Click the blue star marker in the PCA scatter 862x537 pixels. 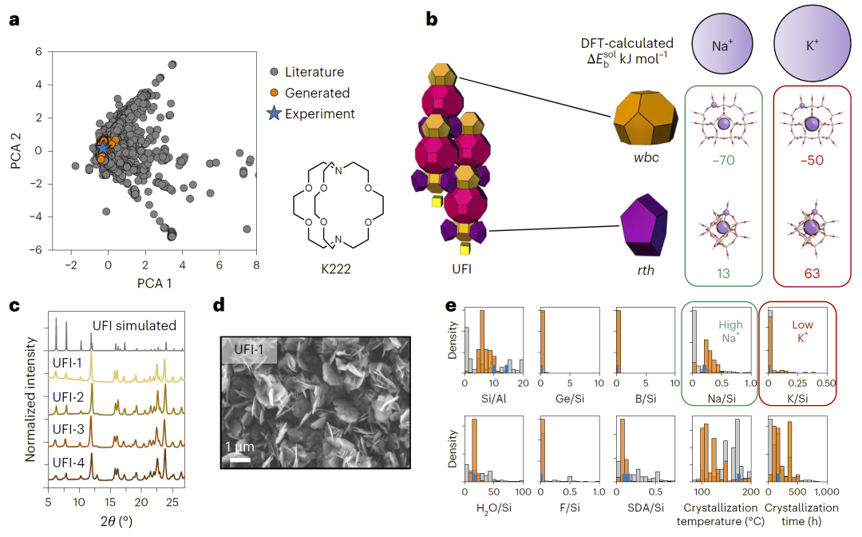102,148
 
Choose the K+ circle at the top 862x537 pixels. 812,46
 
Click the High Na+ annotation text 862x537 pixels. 730,332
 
